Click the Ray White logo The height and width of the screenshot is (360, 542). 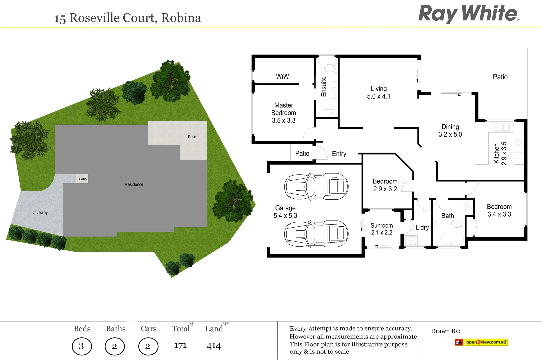tap(468, 14)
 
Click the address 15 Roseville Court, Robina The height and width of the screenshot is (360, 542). tap(128, 18)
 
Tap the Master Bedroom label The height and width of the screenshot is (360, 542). tap(283, 113)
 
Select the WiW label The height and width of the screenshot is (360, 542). tap(282, 76)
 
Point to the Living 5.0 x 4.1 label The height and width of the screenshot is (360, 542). tap(379, 93)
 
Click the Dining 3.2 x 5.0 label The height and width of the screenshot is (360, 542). tap(450, 131)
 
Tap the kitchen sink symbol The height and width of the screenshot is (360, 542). tap(501, 127)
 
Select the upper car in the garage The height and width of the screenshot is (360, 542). tap(316, 186)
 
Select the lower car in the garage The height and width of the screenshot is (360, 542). tap(316, 234)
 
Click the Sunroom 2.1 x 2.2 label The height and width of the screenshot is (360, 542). tap(382, 229)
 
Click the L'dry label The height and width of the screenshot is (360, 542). tap(422, 227)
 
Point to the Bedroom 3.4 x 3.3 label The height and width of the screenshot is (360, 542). tap(499, 210)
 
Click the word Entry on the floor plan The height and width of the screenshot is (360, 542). tap(339, 154)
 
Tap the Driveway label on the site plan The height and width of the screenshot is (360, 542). tap(39, 213)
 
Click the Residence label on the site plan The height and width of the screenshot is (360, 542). tap(134, 184)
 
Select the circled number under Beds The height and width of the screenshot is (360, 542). tap(82, 346)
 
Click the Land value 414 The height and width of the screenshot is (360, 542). tap(213, 346)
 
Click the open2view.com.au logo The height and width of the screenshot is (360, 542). tap(481, 342)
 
